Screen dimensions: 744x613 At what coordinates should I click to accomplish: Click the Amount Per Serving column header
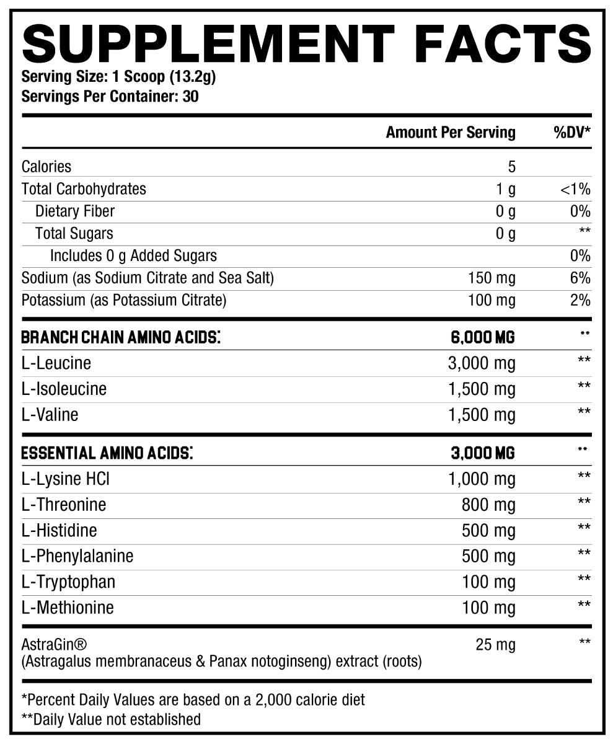(450, 132)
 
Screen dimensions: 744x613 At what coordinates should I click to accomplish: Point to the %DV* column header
(571, 132)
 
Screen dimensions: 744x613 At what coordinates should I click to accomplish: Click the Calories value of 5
(511, 167)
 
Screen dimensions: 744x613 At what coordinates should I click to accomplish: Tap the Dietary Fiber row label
(74, 211)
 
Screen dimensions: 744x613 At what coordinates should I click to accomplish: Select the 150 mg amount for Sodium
(492, 278)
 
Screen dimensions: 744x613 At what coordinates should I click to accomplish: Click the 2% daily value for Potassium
(580, 301)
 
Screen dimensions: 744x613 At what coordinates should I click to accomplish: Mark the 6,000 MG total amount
(482, 337)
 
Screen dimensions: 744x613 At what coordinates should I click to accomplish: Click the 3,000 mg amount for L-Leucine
(481, 363)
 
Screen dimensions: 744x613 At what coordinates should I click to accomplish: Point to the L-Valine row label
(50, 414)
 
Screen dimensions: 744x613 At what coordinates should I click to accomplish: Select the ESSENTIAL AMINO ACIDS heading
(107, 453)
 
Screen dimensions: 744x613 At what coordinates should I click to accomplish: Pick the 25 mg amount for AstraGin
(495, 645)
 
